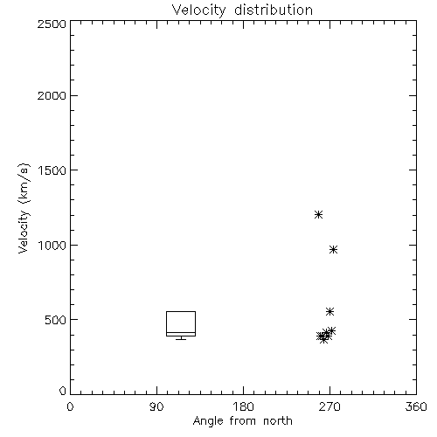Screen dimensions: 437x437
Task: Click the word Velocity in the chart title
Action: (199, 10)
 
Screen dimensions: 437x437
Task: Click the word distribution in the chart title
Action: (274, 10)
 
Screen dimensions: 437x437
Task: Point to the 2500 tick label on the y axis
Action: (52, 24)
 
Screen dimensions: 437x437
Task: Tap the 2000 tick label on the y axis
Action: (52, 95)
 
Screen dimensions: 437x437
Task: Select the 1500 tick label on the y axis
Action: (52, 170)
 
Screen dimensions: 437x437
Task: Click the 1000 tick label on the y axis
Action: (52, 246)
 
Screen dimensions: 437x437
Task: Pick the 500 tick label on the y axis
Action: (56, 320)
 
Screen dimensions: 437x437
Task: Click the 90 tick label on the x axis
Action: (156, 406)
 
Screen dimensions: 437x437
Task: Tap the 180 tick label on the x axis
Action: (243, 406)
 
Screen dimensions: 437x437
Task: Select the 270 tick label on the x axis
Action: (329, 406)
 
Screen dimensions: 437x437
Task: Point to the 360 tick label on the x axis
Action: (416, 406)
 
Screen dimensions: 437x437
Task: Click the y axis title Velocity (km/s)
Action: (24, 208)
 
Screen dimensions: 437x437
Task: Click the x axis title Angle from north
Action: (243, 421)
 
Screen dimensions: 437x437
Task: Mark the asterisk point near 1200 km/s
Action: (318, 215)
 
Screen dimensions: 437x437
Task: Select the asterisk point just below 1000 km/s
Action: (333, 250)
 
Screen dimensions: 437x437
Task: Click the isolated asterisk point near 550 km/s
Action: (329, 312)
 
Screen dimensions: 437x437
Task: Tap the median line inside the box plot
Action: (181, 332)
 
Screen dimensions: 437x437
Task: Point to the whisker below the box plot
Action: (181, 338)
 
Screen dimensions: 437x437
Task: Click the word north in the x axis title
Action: (278, 420)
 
